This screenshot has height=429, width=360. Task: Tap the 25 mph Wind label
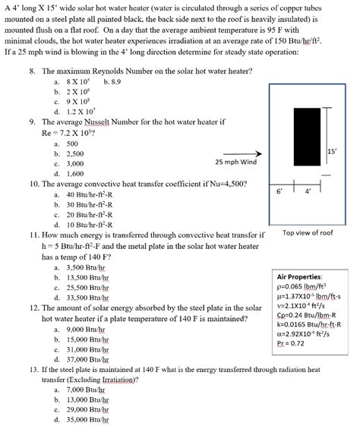click(x=236, y=162)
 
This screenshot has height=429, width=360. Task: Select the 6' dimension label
click(x=282, y=191)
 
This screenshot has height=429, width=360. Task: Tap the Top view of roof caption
click(x=308, y=233)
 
